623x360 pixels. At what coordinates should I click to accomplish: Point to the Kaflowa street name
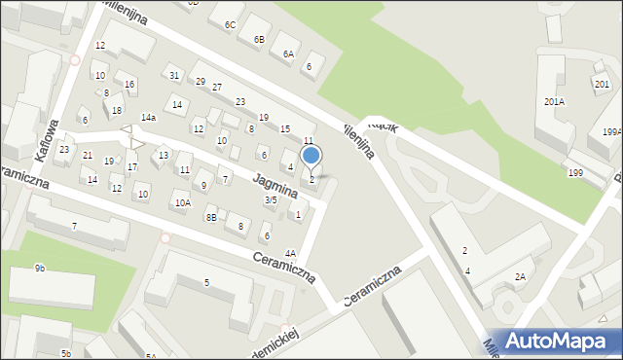46,139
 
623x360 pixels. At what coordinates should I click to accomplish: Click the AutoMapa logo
560,341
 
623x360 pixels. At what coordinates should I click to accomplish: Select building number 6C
230,24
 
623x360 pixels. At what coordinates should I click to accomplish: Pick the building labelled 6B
259,39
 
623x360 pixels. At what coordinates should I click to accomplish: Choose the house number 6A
288,54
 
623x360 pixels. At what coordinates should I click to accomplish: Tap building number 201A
554,101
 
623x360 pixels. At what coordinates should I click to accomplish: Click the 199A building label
611,132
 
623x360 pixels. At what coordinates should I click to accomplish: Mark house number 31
173,76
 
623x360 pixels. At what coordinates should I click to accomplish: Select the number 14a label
148,117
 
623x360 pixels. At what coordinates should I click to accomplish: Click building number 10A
182,202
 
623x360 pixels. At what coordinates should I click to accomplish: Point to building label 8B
211,218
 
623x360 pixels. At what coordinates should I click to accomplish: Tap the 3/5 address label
271,199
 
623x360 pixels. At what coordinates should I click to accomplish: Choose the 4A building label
290,253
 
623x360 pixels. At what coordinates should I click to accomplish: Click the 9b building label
40,268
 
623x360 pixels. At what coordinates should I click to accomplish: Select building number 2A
520,277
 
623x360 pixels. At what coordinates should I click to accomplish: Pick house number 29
201,82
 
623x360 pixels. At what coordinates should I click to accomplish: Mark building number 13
164,155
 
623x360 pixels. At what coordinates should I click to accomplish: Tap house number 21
87,156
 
